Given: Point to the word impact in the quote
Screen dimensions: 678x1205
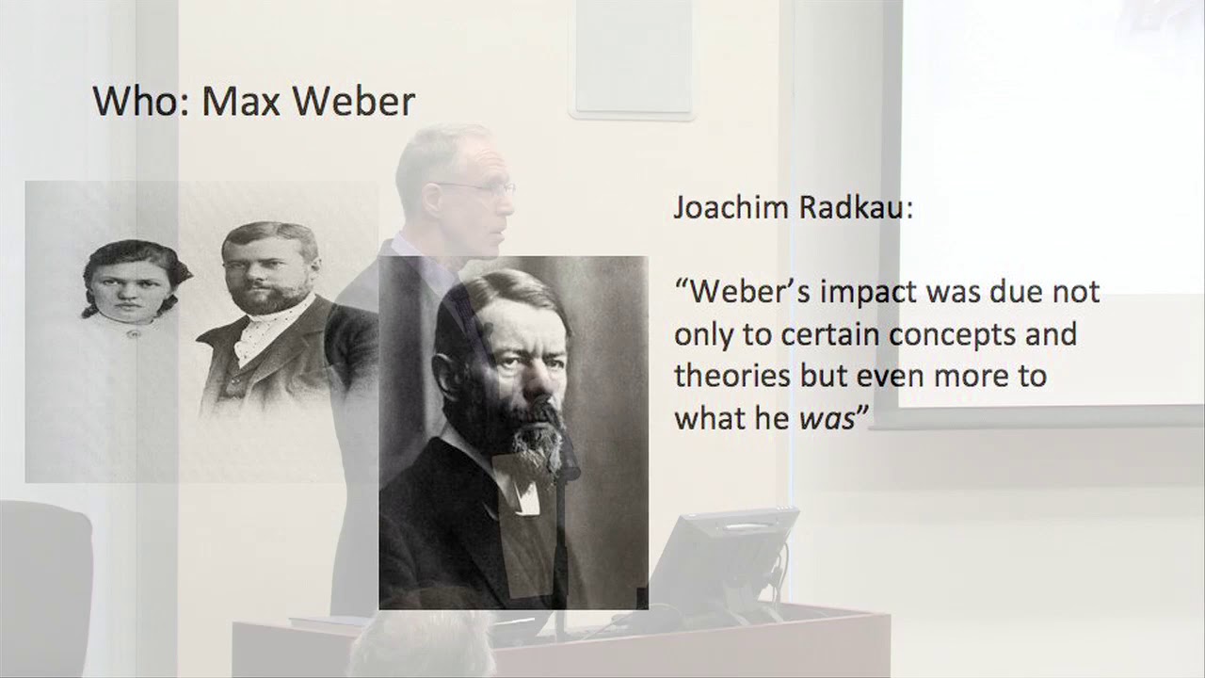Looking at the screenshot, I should pyautogui.click(x=856, y=293).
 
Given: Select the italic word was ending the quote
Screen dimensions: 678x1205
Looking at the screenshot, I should pyautogui.click(x=826, y=419).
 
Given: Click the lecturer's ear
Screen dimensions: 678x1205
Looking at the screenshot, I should pyautogui.click(x=435, y=198).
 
